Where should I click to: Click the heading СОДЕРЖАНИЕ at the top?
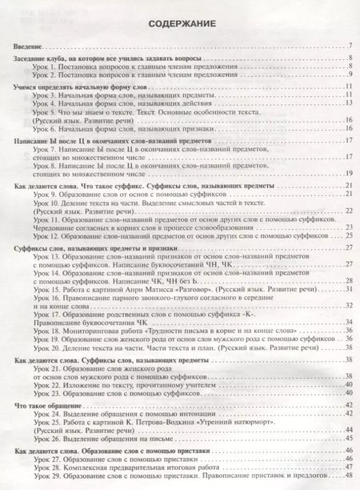pos(180,25)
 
